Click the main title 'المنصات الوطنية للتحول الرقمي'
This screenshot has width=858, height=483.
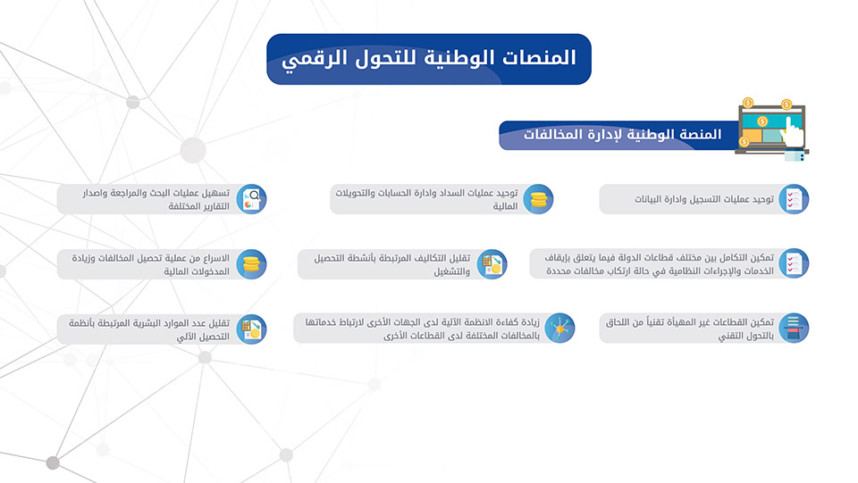point(429,58)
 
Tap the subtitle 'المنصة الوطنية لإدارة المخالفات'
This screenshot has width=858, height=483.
point(623,135)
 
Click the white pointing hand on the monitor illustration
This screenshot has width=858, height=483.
point(793,131)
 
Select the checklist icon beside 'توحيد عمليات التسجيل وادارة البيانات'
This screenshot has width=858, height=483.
point(794,199)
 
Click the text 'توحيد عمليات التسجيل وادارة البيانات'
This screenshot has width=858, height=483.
point(704,199)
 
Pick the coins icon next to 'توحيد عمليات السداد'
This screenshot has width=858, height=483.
point(538,199)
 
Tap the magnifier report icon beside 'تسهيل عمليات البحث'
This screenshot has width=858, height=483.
point(251,199)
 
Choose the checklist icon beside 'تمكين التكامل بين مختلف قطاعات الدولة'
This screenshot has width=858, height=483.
point(794,263)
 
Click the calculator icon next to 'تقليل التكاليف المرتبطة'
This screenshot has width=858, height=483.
point(492,264)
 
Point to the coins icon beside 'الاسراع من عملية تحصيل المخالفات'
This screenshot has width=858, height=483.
point(251,264)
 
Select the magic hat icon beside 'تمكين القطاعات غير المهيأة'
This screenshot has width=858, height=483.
point(794,328)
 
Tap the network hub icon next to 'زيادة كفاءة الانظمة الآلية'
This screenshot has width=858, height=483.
point(559,328)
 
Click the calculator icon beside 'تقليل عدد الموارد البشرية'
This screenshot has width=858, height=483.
point(251,329)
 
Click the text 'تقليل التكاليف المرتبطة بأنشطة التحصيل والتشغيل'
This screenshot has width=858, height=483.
point(391,264)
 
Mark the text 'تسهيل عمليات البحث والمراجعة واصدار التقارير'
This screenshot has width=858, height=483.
point(156,199)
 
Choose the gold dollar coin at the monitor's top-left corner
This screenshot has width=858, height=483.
point(748,103)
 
